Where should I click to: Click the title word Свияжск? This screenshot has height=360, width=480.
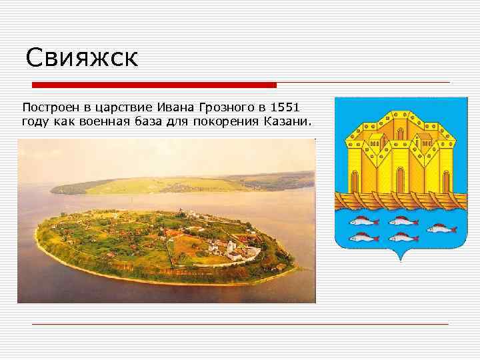pyautogui.click(x=81, y=58)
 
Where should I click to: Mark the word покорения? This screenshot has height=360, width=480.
pyautogui.click(x=226, y=122)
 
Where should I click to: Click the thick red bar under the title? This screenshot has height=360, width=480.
pyautogui.click(x=155, y=85)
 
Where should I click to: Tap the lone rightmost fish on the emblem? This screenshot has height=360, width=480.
pyautogui.click(x=441, y=229)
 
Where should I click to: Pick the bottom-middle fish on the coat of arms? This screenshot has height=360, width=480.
pyautogui.click(x=403, y=237)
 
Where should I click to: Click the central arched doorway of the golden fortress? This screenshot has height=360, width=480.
pyautogui.click(x=399, y=179)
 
